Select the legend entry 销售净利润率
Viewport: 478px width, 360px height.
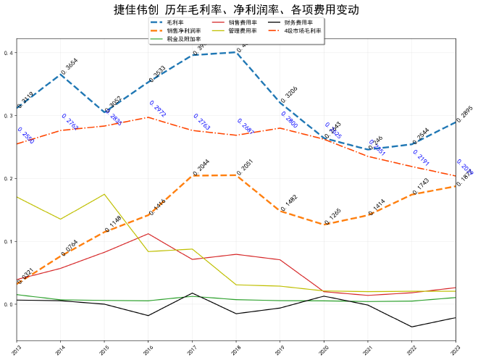tap(183, 31)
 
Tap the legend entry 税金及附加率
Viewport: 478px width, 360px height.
tap(183, 39)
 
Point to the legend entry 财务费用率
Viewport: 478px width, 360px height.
tap(298, 23)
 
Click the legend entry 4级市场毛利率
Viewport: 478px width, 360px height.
tap(303, 31)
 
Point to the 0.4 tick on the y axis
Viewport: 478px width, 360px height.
tap(8, 53)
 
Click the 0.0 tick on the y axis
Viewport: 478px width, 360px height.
tap(8, 304)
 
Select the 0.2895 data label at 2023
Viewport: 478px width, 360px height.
tap(464, 114)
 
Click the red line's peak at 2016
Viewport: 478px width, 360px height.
tap(148, 233)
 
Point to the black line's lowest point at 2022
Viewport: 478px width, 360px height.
tap(412, 327)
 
